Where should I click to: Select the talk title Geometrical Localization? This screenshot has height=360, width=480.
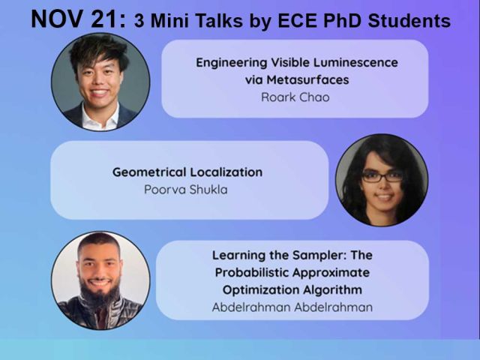pos(187,172)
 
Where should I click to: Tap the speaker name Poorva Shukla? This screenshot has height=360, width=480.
pos(185,189)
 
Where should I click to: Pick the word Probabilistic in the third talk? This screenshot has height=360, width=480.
pos(277,272)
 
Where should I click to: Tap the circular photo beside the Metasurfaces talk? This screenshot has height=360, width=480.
pos(100,82)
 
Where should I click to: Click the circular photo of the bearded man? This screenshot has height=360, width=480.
pos(100,280)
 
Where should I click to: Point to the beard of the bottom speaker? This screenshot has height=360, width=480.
pos(100,294)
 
